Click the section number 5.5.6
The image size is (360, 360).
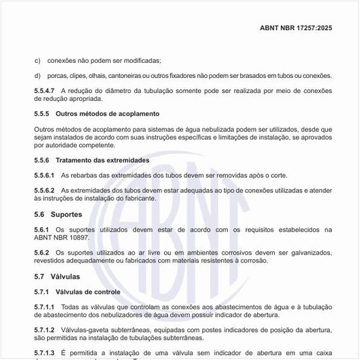42,160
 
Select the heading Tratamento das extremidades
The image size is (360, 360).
102,160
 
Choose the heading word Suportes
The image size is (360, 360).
66,214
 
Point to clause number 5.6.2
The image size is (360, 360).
42,252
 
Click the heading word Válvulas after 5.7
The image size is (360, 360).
65,276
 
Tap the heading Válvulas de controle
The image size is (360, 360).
88,291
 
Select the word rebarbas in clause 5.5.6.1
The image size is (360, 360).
84,175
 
